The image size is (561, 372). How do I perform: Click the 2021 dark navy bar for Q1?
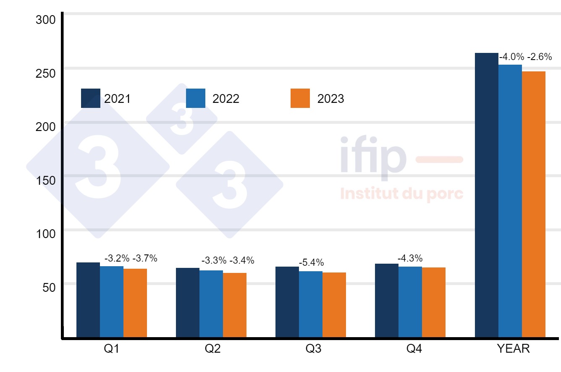coord(88,300)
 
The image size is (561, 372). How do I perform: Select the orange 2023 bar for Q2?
coord(235,305)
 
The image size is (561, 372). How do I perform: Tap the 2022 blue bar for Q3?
coord(311,304)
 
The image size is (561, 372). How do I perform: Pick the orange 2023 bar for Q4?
coord(434,302)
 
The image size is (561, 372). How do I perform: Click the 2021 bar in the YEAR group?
coord(486,195)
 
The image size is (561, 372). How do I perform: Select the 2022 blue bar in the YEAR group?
coord(510,201)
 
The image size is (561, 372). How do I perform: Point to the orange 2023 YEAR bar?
coord(533,204)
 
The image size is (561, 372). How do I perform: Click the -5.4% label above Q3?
coord(311,263)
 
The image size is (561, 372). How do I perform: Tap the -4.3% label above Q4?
coord(410,258)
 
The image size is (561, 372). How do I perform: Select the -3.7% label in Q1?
coord(145,259)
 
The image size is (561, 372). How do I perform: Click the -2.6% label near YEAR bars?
coord(540,57)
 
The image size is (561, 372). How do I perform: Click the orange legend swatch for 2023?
coord(300,98)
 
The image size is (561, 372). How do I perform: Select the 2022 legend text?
coord(226,99)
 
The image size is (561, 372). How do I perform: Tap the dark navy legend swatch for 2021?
coord(91,98)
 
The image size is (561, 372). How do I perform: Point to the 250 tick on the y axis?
coord(46,73)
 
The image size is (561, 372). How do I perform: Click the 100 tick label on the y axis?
coord(46,233)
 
